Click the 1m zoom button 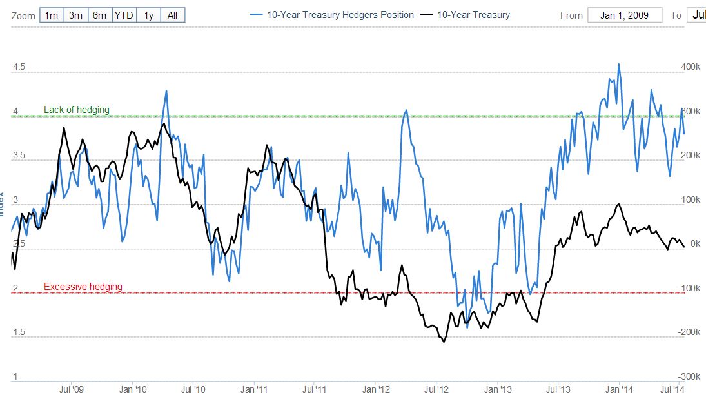tap(52, 15)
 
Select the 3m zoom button tap(75, 15)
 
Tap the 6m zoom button tap(99, 15)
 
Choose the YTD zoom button tap(124, 15)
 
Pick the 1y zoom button tap(149, 15)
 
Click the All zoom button tap(173, 15)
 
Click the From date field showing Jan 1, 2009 tap(625, 15)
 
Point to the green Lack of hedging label tap(77, 110)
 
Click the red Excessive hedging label tap(83, 287)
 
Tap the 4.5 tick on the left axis tap(19, 67)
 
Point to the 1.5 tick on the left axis tap(19, 332)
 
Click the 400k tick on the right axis tap(690, 67)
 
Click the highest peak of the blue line tap(618, 64)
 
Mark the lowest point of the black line tap(444, 342)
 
